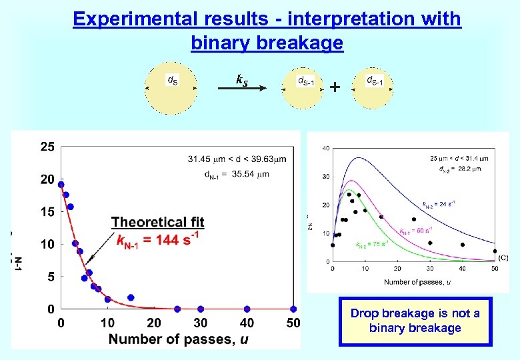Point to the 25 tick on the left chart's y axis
click(47, 147)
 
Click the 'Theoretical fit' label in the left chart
click(157, 222)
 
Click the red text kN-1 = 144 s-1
click(157, 239)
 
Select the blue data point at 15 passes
click(131, 297)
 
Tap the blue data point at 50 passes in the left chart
click(293, 309)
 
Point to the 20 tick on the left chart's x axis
click(154, 323)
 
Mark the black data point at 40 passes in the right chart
click(463, 245)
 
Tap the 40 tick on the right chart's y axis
click(326, 148)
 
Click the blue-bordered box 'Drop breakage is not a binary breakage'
click(415, 321)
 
